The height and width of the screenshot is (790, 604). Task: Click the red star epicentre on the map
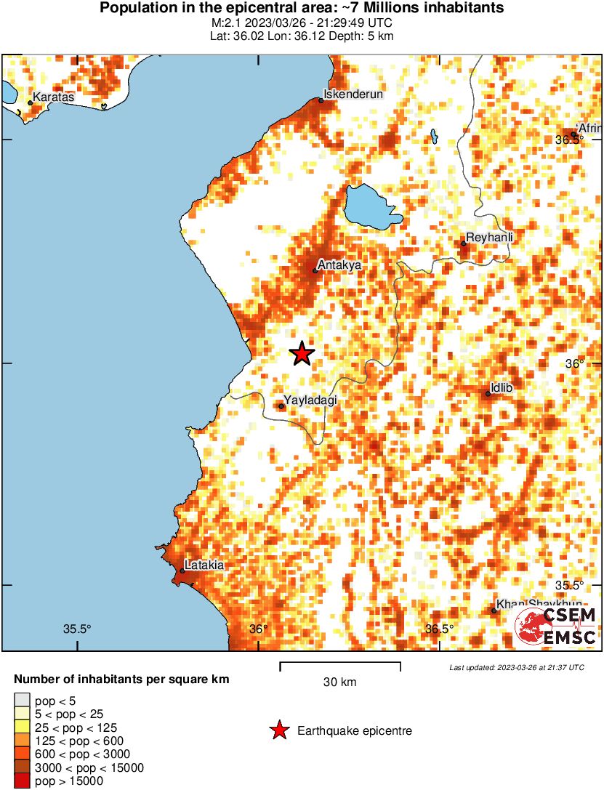coord(302,354)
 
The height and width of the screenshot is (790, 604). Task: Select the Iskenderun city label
coord(353,94)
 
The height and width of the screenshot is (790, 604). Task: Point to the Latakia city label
coord(204,564)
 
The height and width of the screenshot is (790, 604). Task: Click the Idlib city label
coord(502,388)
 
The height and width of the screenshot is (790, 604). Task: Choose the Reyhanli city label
coord(489,238)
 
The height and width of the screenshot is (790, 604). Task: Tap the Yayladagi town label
coord(310,400)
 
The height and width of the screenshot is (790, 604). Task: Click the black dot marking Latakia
coord(182,571)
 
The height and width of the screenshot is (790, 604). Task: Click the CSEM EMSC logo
coord(556,627)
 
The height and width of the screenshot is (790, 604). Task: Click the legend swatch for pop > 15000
coord(22,781)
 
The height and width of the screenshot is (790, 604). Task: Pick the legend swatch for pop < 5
coord(22,701)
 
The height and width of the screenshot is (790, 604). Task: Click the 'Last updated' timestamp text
coord(516,667)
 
